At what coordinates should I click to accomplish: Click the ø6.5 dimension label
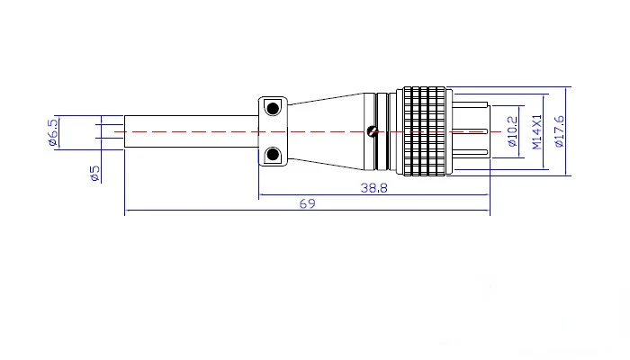(x=52, y=132)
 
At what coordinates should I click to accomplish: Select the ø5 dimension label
(x=94, y=173)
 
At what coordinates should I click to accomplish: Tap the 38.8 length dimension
(x=373, y=188)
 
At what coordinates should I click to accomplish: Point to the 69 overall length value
(x=308, y=203)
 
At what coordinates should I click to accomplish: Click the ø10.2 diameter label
(x=512, y=131)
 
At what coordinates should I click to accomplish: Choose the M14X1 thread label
(x=536, y=131)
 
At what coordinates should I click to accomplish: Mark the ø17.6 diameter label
(x=559, y=131)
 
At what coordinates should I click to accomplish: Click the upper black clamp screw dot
(x=273, y=109)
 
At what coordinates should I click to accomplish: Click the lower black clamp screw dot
(x=273, y=154)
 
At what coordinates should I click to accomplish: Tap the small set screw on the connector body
(x=373, y=131)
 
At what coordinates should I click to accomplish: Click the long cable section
(x=191, y=131)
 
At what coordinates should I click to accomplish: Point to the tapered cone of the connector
(x=326, y=131)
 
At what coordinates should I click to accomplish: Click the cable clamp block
(x=273, y=131)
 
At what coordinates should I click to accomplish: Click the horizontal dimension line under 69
(x=308, y=210)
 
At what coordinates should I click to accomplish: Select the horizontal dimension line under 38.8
(x=374, y=195)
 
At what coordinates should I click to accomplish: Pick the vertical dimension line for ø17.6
(x=566, y=131)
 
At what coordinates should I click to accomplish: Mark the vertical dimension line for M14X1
(x=544, y=131)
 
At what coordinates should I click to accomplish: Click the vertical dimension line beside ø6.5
(x=59, y=132)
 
